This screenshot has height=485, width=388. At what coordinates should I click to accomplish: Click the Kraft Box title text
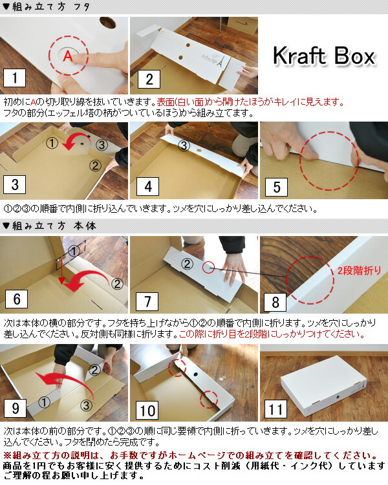coord(324,56)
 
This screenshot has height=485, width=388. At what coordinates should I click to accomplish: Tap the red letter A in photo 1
coord(68,56)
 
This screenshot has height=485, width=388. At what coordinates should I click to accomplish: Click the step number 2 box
coord(149,79)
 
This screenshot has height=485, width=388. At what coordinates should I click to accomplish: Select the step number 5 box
coord(277,187)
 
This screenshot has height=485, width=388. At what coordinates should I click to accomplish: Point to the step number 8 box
coord(275,302)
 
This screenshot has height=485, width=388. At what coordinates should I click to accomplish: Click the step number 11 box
coord(275,409)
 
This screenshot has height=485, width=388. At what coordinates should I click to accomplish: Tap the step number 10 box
coord(147,411)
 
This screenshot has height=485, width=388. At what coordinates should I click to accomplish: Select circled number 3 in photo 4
coord(184,145)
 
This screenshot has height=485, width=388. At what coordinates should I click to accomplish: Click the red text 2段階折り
coord(359,271)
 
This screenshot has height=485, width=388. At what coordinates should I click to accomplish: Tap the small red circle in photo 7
coord(209,268)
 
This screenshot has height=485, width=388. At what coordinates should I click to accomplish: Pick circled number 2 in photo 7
coord(187,264)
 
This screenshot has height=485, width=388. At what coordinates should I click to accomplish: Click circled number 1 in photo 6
coord(74,251)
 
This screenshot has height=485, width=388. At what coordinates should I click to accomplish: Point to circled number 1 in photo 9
coord(44,402)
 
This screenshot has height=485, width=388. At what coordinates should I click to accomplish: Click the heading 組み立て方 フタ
coord(51,7)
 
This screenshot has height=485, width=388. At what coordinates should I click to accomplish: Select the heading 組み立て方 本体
coord(54,226)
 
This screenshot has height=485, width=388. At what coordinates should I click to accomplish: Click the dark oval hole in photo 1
coord(108,23)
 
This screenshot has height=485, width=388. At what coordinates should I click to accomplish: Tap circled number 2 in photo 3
coord(95,166)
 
